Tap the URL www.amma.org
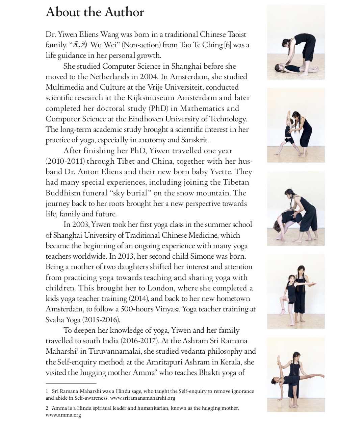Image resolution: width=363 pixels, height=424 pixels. pos(63,415)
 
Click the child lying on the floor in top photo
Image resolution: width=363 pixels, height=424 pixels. pos(294,68)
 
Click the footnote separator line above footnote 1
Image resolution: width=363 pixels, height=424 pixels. pos(71,383)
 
